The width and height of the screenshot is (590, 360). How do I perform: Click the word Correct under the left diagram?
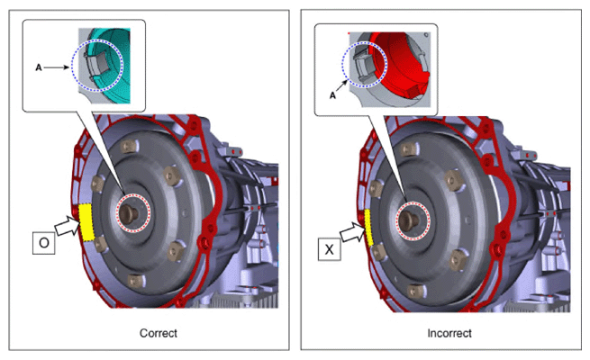(158, 333)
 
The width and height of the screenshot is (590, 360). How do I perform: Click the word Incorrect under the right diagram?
(449, 333)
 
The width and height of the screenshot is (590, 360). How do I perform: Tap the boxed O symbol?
(43, 243)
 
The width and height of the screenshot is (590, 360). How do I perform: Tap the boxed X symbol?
(330, 249)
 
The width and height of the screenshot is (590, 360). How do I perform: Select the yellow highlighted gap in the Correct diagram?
(86, 222)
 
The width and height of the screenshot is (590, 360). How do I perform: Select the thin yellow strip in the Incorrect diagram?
(368, 228)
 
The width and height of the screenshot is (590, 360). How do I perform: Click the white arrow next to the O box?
(68, 226)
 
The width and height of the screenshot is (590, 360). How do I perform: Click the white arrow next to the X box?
(353, 232)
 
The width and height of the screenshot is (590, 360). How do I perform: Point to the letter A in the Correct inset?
(39, 67)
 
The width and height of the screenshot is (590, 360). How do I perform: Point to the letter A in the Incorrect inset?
(332, 95)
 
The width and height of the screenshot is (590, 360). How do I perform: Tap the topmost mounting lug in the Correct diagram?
(129, 146)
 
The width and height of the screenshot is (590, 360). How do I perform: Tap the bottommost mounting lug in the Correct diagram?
(135, 281)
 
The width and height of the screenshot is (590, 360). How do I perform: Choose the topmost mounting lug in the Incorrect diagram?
(409, 149)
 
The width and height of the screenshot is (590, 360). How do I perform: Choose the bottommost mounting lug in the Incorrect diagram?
(416, 290)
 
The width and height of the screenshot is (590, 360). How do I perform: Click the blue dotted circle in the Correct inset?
(72, 66)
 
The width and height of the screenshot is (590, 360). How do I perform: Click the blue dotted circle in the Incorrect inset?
(342, 65)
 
